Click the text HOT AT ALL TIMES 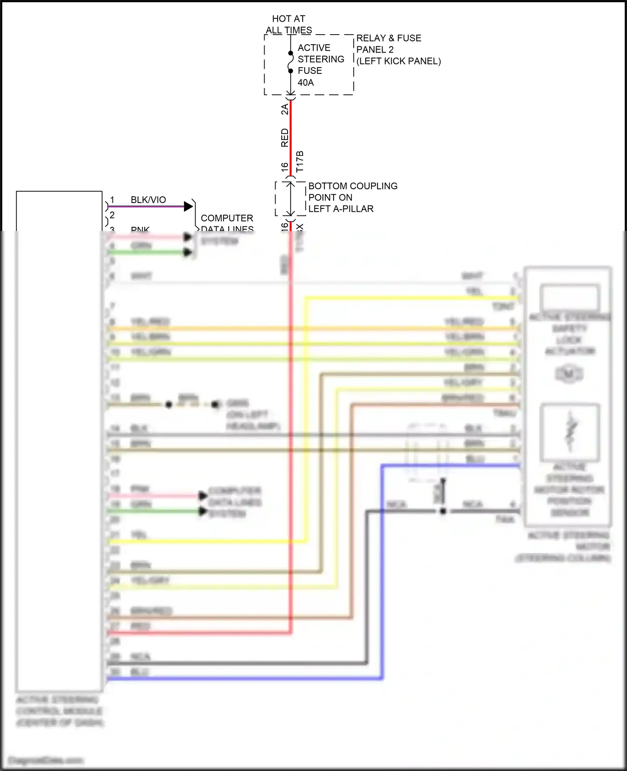pos(288,24)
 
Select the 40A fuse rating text pos(306,83)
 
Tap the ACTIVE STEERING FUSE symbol pos(291,62)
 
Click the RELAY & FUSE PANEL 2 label pos(388,43)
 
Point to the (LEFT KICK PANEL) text pos(398,61)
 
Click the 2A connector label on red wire pos(285,109)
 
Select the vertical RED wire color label pos(285,137)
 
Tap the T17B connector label pos(300,162)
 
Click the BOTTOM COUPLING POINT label pos(352,191)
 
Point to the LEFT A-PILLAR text pos(341,209)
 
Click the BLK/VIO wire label pos(148,200)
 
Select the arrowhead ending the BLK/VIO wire pos(189,206)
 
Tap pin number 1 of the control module pos(112,200)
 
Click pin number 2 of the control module pos(112,215)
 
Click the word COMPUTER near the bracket pos(227,218)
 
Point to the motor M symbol pos(568,374)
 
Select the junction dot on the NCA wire pos(443,511)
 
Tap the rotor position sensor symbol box pos(570,432)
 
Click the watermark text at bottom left pos(46,760)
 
